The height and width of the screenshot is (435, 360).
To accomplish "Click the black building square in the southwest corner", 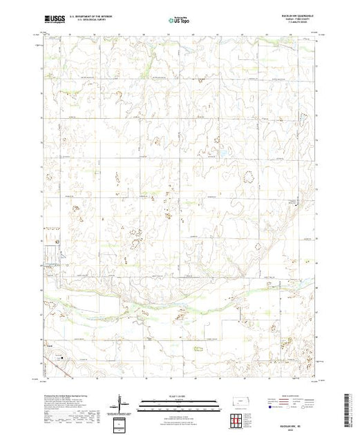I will click(61, 358).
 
